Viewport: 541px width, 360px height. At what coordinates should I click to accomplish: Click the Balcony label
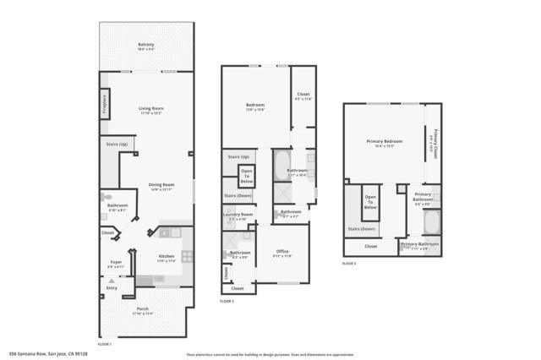(146, 46)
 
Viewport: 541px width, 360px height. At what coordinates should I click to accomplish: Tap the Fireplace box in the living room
(105, 102)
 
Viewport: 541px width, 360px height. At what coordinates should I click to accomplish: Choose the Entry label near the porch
(112, 288)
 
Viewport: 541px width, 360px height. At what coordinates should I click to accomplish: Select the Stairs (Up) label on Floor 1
(117, 145)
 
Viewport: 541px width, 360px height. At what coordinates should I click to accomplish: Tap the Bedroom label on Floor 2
(255, 105)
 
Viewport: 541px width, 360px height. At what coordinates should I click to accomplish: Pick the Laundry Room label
(238, 215)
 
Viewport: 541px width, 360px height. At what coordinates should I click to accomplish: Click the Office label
(281, 251)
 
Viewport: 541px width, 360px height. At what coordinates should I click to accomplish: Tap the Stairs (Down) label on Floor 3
(362, 228)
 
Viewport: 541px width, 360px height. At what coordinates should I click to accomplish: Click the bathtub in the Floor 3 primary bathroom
(430, 223)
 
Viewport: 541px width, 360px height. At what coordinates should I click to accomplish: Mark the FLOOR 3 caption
(349, 264)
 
